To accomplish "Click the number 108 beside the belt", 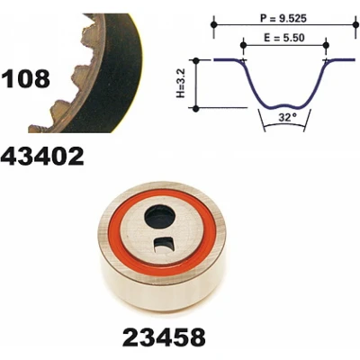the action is pos(25,78).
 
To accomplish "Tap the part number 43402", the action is pos(42,157).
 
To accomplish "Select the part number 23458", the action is pos(164,337).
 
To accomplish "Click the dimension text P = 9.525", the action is pos(283,19).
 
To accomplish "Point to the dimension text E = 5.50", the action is pos(284,38).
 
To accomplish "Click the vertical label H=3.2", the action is pos(183,83).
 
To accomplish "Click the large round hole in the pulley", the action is pos(159,217).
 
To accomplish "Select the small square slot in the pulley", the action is pos(163,245).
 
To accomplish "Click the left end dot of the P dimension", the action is pos(213,24).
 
